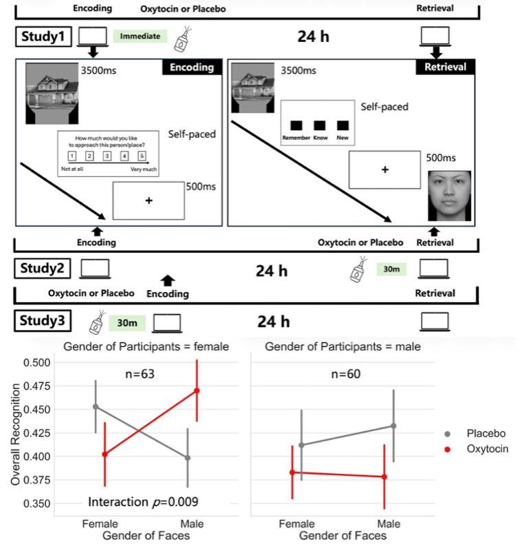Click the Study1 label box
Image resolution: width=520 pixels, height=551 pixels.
click(42, 36)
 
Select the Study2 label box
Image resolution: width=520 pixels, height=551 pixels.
click(42, 269)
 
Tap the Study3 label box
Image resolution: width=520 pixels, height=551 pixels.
click(42, 321)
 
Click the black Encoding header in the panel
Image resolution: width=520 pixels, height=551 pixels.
click(192, 67)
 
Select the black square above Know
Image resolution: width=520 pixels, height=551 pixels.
click(320, 125)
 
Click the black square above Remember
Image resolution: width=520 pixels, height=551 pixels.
click(296, 125)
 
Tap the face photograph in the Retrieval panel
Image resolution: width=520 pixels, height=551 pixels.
click(449, 196)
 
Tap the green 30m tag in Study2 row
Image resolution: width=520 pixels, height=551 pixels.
click(391, 269)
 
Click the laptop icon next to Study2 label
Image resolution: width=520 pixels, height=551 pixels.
click(96, 268)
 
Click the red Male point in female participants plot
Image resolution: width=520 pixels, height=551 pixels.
click(197, 391)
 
